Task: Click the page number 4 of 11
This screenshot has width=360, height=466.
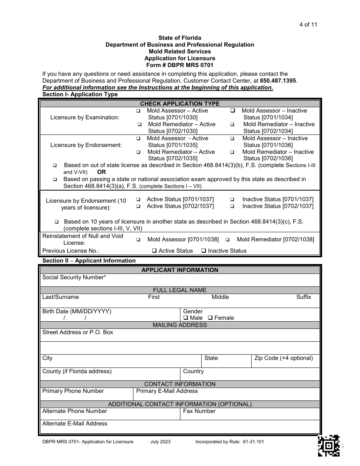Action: [308, 25]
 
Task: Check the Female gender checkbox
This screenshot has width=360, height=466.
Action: [210, 318]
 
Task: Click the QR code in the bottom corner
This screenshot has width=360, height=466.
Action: [328, 446]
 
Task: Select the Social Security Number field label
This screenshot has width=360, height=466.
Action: [74, 277]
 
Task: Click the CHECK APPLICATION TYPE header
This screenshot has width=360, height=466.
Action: [180, 103]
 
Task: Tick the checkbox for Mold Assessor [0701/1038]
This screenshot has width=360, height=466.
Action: [138, 240]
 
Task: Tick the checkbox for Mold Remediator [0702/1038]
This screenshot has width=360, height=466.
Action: [228, 240]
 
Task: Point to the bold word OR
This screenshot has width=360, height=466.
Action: [102, 172]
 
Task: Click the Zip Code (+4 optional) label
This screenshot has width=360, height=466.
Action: [283, 358]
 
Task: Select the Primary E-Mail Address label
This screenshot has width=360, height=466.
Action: [167, 391]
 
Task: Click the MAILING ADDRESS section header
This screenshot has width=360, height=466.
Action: [180, 325]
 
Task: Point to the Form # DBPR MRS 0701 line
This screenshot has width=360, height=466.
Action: [180, 65]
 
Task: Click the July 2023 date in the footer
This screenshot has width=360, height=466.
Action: [160, 442]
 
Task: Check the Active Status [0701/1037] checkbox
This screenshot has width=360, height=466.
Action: [138, 200]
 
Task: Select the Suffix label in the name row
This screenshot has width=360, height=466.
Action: [304, 297]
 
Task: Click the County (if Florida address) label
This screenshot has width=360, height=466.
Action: [77, 371]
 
